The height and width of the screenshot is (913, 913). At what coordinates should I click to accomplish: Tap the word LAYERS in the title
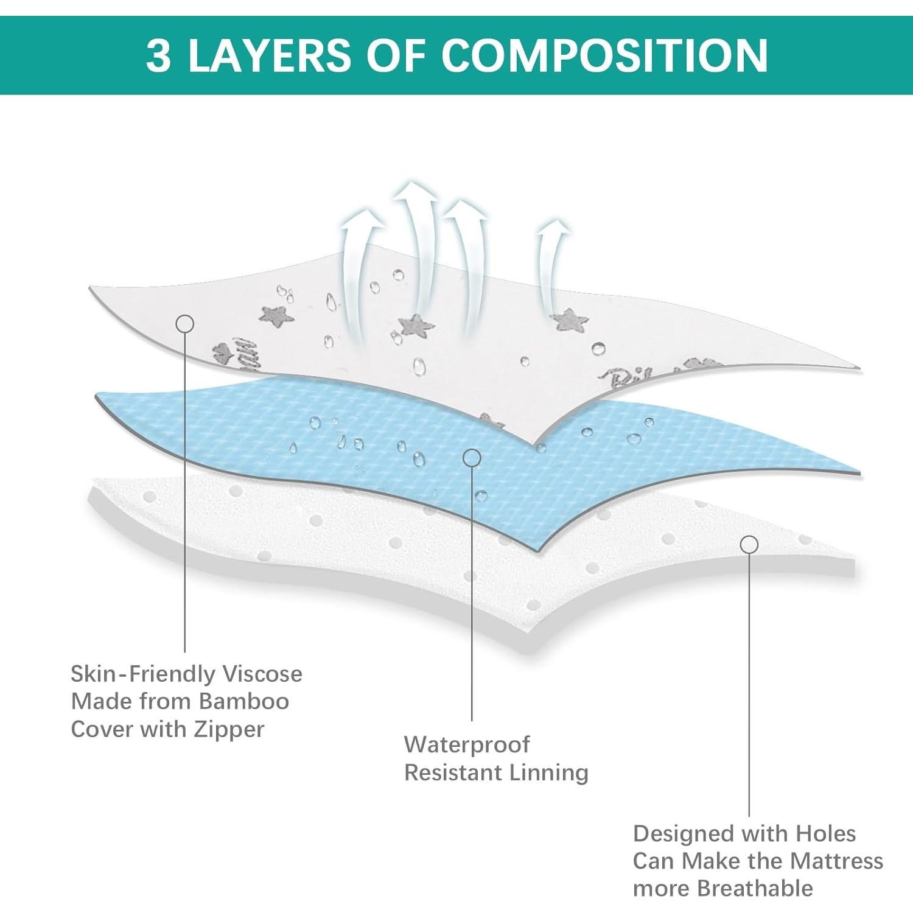pyautogui.click(x=269, y=55)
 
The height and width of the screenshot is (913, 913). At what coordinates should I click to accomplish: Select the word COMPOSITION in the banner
pyautogui.click(x=604, y=55)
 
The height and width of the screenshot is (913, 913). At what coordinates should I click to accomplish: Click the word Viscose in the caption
pyautogui.click(x=262, y=674)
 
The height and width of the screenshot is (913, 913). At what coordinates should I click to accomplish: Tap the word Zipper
pyautogui.click(x=229, y=729)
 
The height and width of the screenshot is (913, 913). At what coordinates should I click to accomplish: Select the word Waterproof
pyautogui.click(x=467, y=744)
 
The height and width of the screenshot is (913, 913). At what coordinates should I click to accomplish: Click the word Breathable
pyautogui.click(x=755, y=889)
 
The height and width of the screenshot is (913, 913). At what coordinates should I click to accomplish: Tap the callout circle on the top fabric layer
pyautogui.click(x=185, y=324)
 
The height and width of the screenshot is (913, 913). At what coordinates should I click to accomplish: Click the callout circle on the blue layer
pyautogui.click(x=472, y=458)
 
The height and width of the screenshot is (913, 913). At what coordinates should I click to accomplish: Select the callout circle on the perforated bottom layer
pyautogui.click(x=749, y=545)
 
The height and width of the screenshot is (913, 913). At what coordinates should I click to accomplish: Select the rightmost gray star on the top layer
pyautogui.click(x=570, y=320)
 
